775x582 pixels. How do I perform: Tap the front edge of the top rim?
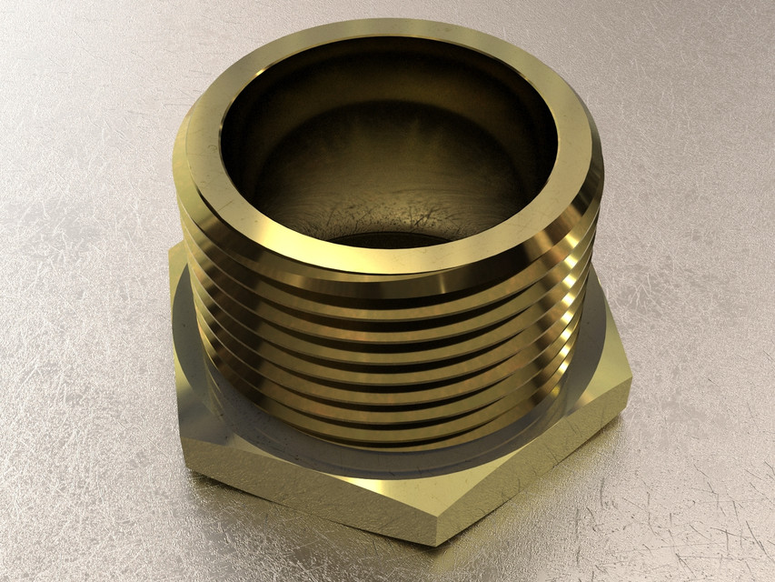point(391,259)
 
